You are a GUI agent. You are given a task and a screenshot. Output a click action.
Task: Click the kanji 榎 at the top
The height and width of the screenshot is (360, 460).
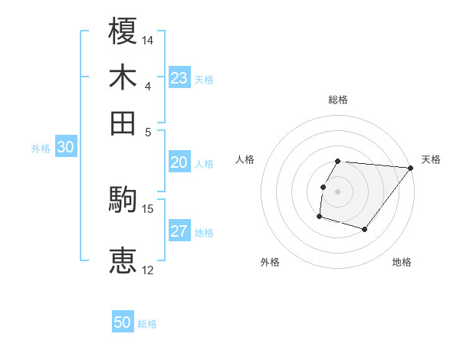pyautogui.click(x=123, y=31)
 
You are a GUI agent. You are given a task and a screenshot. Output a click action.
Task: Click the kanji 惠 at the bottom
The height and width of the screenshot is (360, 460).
pyautogui.click(x=123, y=260)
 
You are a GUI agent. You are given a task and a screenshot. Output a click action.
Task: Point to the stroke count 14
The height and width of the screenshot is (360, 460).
pyautogui.click(x=148, y=39)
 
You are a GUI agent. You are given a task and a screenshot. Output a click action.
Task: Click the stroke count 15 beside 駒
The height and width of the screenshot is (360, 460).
pyautogui.click(x=148, y=208)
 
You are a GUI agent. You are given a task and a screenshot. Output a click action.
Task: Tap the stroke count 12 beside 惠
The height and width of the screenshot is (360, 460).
pyautogui.click(x=148, y=269)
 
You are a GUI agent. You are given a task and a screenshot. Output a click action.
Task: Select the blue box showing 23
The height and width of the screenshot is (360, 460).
pyautogui.click(x=179, y=78)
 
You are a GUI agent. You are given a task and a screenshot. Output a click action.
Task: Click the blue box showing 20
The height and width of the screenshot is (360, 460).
pyautogui.click(x=179, y=162)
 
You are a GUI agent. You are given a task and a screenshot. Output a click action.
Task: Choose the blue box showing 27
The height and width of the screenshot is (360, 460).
pyautogui.click(x=179, y=231)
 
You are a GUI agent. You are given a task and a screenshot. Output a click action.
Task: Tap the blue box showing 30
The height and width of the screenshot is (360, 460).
pyautogui.click(x=65, y=148)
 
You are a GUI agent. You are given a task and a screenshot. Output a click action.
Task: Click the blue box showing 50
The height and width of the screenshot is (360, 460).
pyautogui.click(x=123, y=322)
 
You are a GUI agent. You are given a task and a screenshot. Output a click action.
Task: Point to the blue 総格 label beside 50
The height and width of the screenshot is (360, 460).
pyautogui.click(x=147, y=324)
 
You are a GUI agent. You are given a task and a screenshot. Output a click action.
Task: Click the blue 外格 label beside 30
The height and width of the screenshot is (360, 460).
pyautogui.click(x=41, y=149)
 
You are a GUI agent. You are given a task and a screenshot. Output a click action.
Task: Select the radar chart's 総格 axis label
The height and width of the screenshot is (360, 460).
pyautogui.click(x=337, y=100)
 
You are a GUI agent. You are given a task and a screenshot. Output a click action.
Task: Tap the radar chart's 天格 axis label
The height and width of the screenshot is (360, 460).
pyautogui.click(x=431, y=159)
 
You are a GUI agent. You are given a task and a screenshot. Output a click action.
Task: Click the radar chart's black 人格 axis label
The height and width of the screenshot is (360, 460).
pyautogui.click(x=245, y=159)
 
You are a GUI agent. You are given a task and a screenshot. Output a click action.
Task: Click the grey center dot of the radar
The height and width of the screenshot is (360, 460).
pyautogui.click(x=337, y=191)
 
